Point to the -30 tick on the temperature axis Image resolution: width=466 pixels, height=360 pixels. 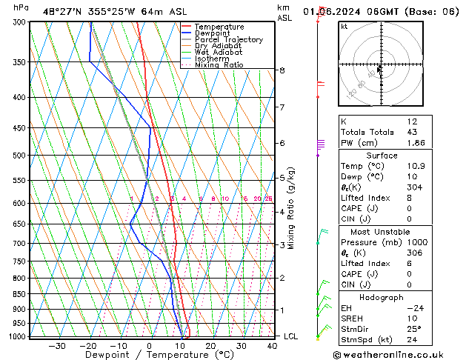pos(57,345)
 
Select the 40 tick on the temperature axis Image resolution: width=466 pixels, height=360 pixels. pos(272,345)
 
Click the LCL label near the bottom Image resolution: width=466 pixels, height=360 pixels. pos(291,336)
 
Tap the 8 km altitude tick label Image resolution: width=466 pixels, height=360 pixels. pos(282,70)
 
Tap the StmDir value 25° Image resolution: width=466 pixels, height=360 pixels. pos(414,330)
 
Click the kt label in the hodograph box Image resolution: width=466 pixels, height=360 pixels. pos(344,26)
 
